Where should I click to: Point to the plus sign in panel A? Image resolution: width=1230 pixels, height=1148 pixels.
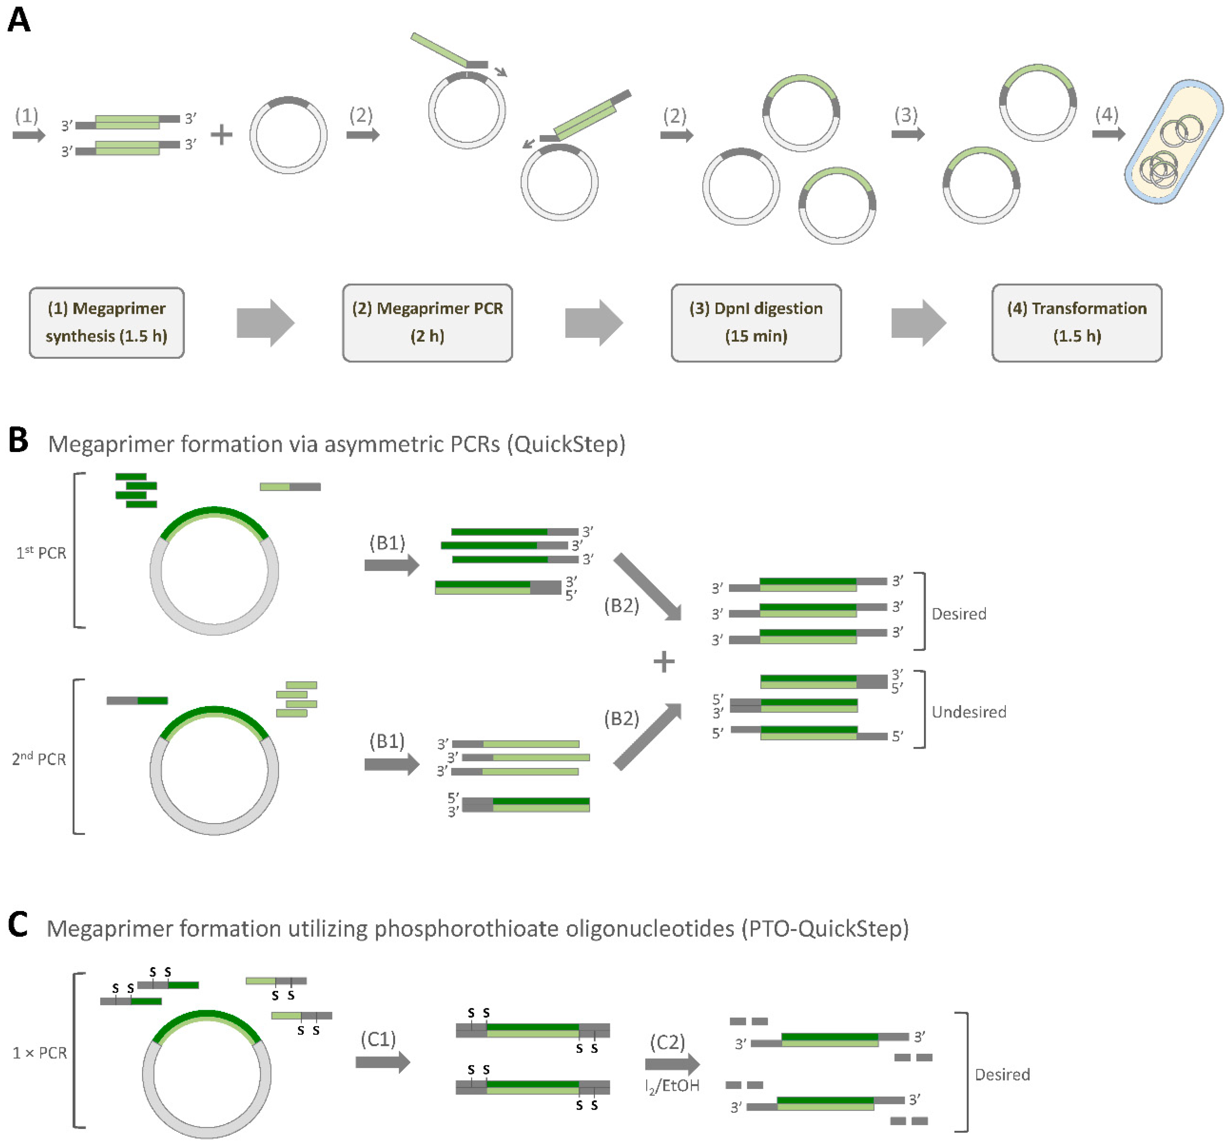[221, 134]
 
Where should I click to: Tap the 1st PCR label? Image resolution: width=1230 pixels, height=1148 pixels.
[41, 553]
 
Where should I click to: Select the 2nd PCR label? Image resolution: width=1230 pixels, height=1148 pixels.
[39, 759]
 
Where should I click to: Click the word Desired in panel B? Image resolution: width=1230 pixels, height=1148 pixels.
[959, 614]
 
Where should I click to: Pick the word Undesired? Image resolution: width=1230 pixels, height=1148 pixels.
[968, 712]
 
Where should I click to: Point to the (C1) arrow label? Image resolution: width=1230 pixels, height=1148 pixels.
[378, 1039]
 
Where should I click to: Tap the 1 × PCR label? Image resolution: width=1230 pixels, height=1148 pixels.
[39, 1053]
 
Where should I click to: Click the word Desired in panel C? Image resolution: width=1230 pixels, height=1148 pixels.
[1002, 1074]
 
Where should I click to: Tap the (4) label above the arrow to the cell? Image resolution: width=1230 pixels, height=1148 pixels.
[1106, 114]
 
